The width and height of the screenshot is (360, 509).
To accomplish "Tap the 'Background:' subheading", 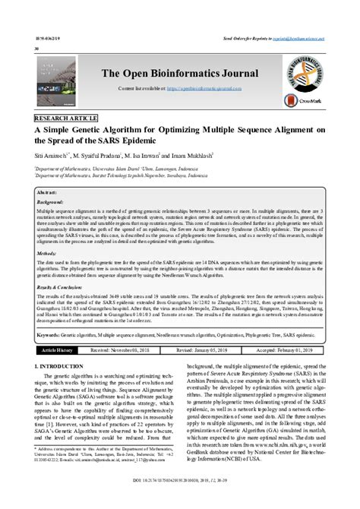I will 51,204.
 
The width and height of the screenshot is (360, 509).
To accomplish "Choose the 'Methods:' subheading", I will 46,252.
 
